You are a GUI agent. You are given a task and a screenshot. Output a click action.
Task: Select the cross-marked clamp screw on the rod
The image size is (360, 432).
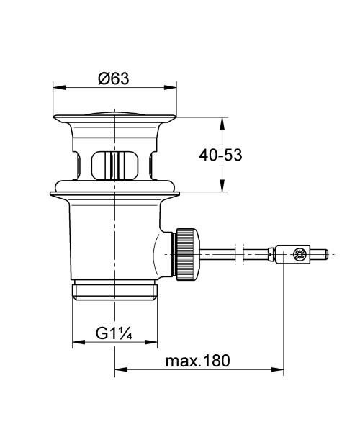pos(297,253)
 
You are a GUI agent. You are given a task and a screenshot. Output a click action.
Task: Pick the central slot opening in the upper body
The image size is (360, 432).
pos(115,165)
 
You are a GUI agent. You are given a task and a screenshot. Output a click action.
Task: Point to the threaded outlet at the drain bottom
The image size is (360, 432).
pos(115,290)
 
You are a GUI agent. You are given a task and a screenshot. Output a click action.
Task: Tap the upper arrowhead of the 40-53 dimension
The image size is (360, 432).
pos(222,122)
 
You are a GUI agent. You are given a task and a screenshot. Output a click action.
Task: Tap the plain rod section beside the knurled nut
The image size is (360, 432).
pos(220,253)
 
